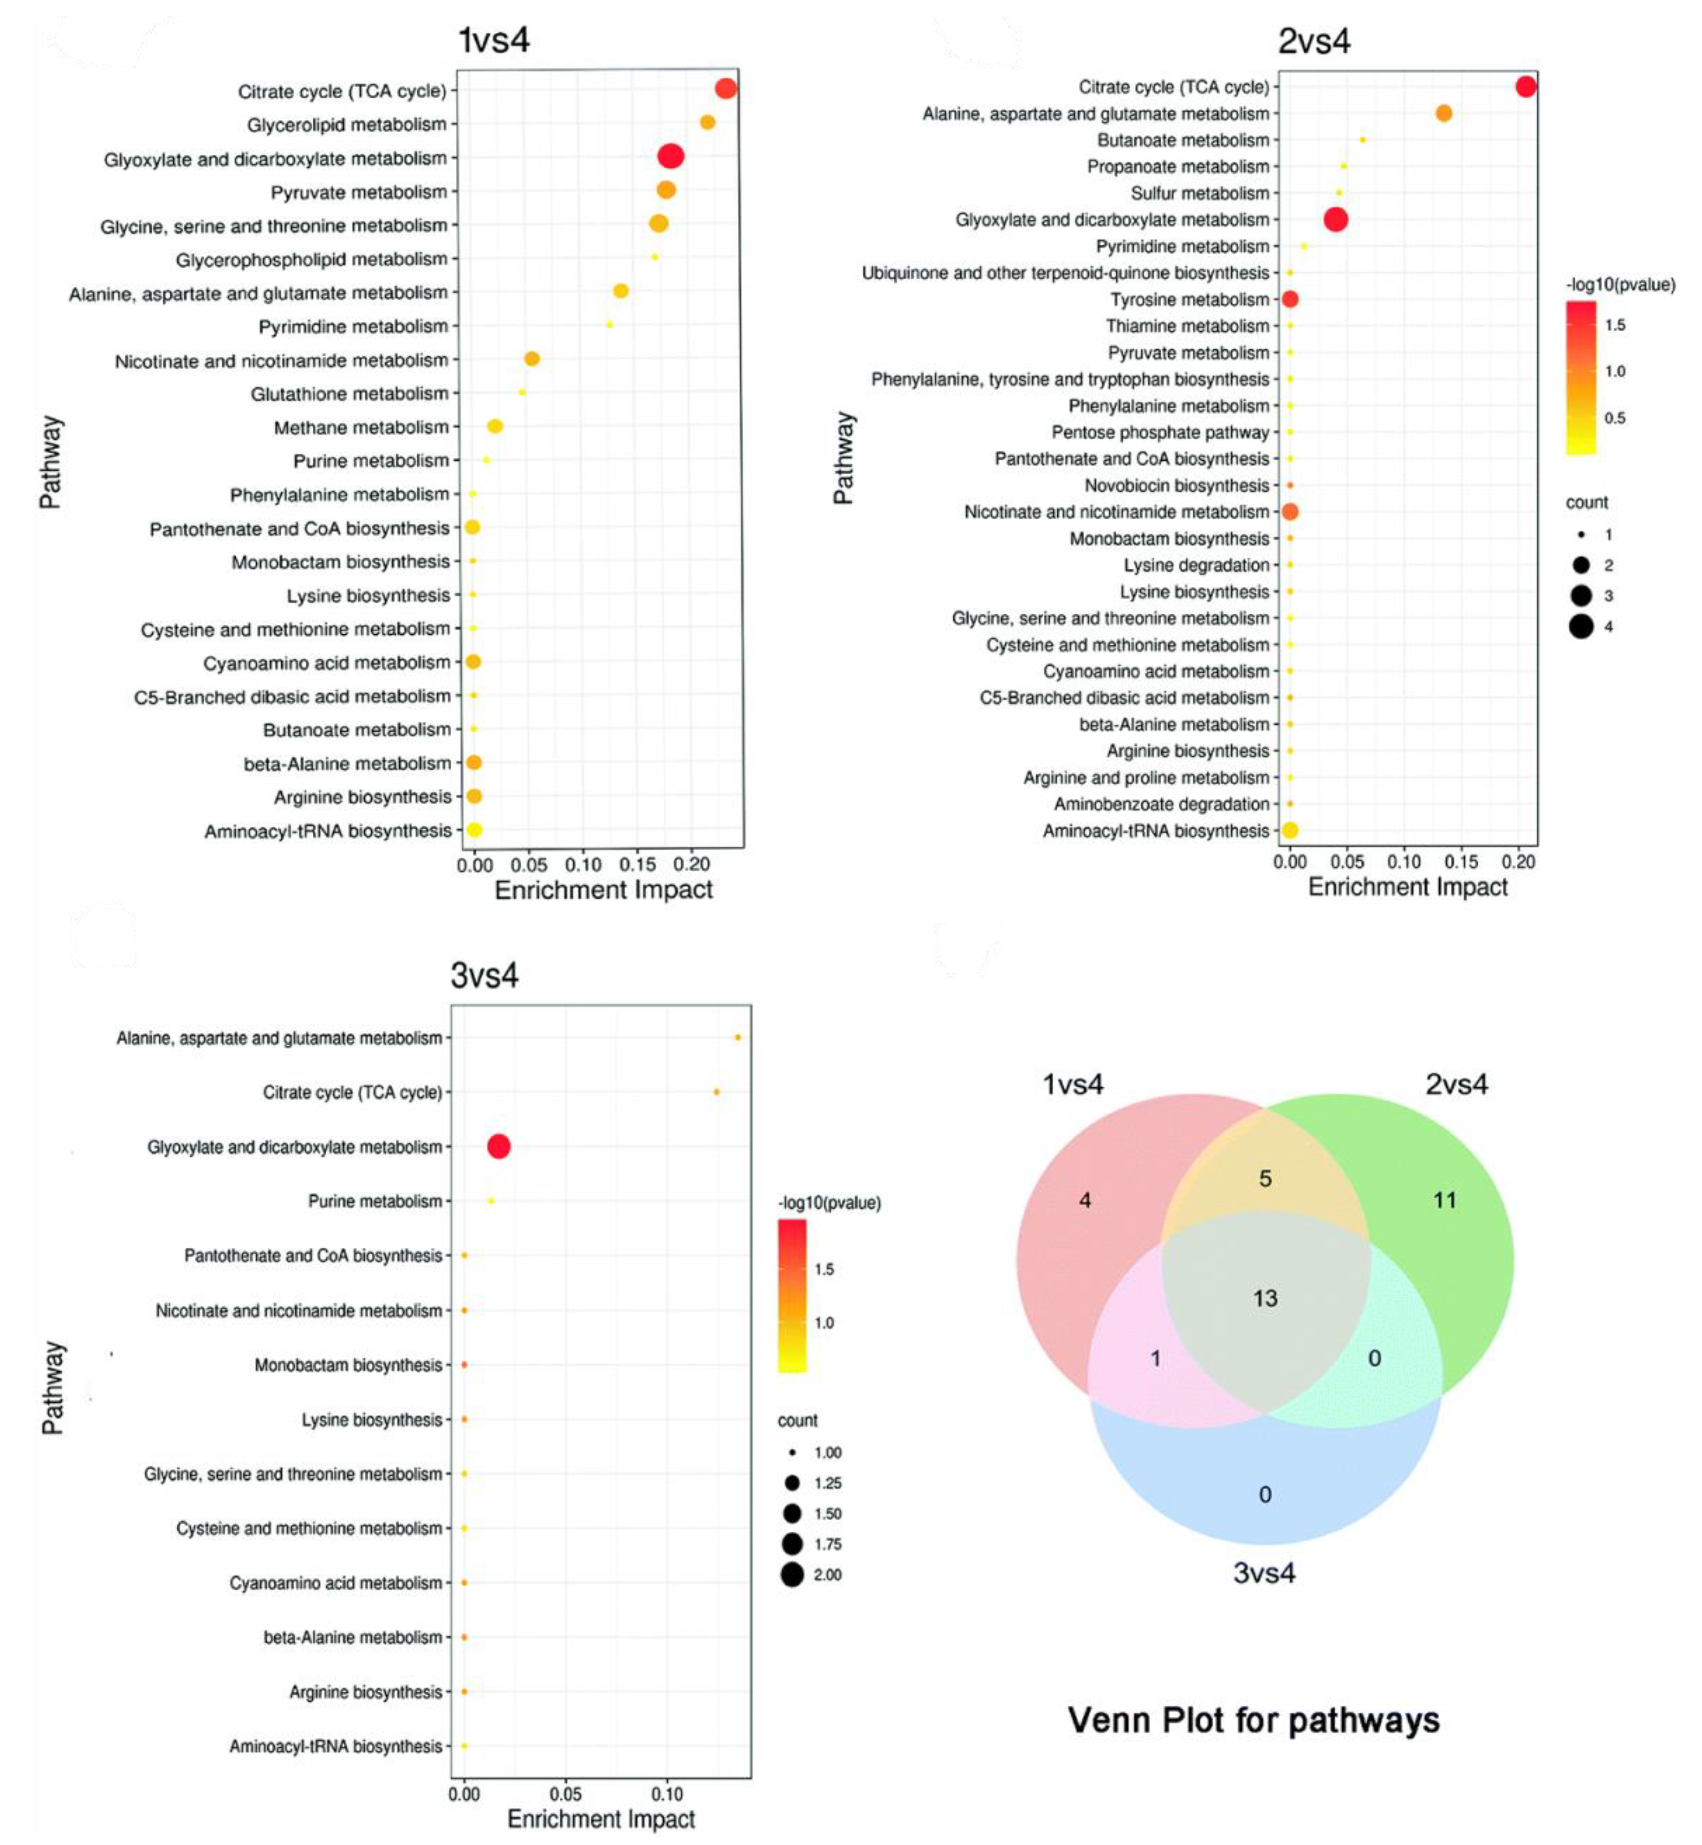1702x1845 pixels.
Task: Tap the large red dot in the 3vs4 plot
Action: click(x=498, y=1146)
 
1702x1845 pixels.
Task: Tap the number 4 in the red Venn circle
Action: click(x=1085, y=1199)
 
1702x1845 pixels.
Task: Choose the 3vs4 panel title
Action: click(x=485, y=975)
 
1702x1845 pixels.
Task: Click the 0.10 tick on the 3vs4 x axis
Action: click(x=667, y=1795)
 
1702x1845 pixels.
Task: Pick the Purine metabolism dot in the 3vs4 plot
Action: click(x=491, y=1201)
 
